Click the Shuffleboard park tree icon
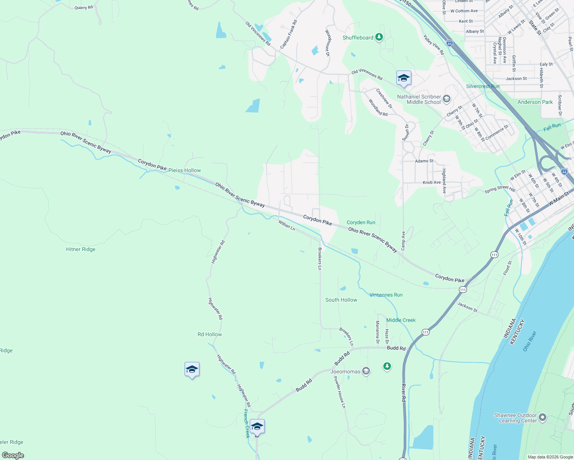click(379, 37)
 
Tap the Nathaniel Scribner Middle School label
click(419, 99)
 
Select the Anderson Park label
click(535, 102)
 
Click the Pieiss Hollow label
click(185, 170)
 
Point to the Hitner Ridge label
click(81, 249)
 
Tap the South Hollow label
click(341, 300)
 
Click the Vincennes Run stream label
click(386, 295)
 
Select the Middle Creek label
click(401, 320)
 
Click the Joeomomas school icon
click(366, 371)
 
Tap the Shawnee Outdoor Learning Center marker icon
click(542, 417)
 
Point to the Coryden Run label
click(361, 222)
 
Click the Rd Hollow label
click(209, 334)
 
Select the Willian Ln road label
click(287, 225)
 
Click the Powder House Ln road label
click(340, 392)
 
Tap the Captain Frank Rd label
click(289, 34)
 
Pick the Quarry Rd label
click(84, 8)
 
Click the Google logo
click(13, 455)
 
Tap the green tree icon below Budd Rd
click(387, 366)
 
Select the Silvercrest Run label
click(483, 86)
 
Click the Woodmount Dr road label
click(328, 43)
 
